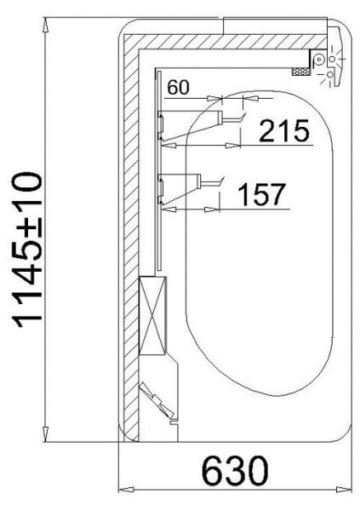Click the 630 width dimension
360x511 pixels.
pos(235,470)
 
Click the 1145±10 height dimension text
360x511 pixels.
pos(27,250)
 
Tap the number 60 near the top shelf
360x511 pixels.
pos(178,88)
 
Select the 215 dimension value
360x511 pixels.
pos(284,130)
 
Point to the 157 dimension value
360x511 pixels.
pos(261,194)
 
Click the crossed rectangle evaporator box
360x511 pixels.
pos(152,315)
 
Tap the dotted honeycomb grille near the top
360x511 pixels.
pos(301,72)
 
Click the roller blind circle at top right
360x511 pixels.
pos(318,60)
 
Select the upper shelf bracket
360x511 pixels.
pos(190,125)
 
